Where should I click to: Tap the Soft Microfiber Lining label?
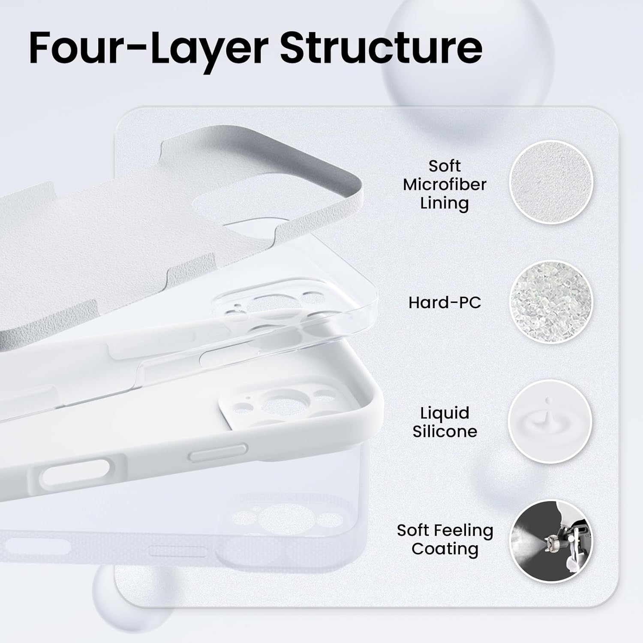click(445, 184)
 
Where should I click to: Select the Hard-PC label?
click(445, 303)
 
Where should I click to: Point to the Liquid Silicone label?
click(445, 422)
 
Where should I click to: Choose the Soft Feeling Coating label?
click(445, 539)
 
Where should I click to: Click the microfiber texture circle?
click(551, 182)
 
